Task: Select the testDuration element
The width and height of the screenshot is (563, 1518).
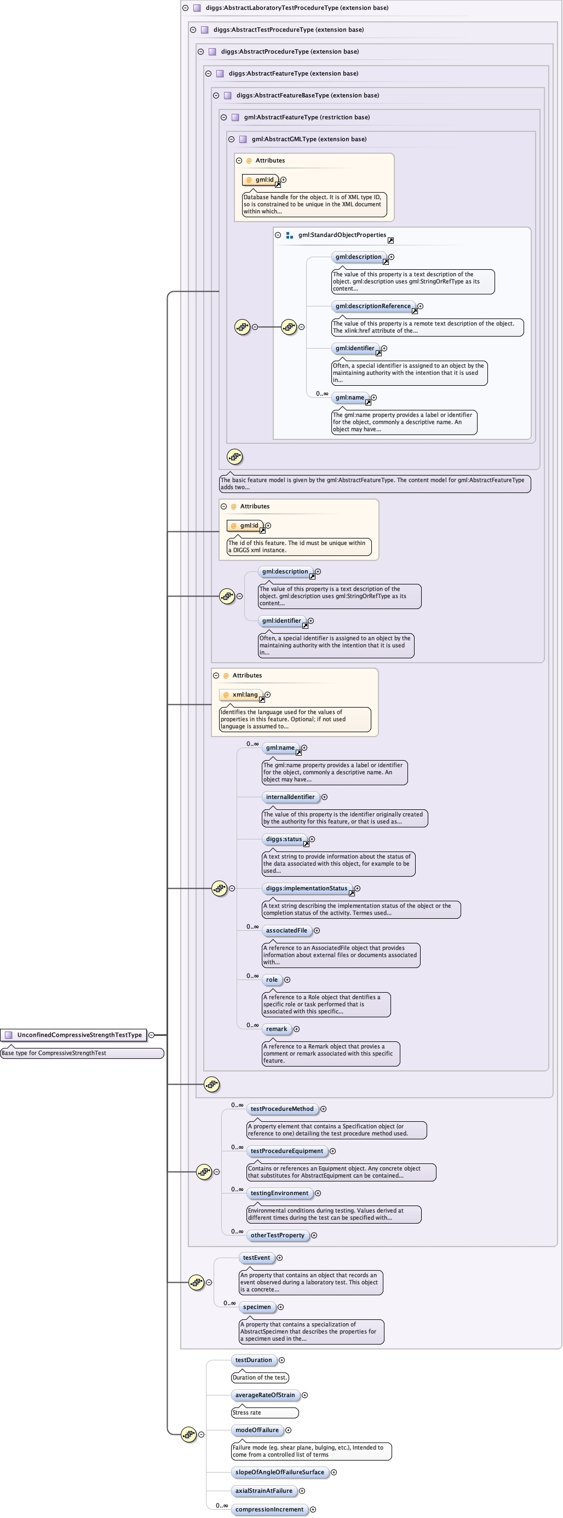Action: click(x=254, y=1360)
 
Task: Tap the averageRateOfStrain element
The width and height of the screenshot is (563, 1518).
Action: click(x=265, y=1395)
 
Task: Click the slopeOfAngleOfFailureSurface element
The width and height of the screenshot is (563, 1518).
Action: click(x=279, y=1472)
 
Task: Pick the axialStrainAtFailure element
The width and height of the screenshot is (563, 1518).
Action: click(x=263, y=1491)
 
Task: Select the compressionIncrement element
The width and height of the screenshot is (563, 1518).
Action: click(x=269, y=1509)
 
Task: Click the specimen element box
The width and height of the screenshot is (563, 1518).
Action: click(x=257, y=1307)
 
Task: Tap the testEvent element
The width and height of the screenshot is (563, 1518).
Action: click(x=256, y=1258)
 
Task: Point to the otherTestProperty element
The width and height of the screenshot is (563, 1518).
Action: click(x=277, y=1235)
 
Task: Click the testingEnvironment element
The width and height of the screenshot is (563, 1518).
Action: click(x=279, y=1193)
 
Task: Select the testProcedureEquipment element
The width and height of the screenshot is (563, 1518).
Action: click(x=286, y=1151)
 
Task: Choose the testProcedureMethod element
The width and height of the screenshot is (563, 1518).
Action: click(x=282, y=1109)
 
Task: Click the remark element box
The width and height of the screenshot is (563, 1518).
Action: click(x=277, y=1029)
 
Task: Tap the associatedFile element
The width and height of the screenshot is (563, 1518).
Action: click(x=286, y=930)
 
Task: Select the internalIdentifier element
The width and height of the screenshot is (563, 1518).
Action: click(x=290, y=797)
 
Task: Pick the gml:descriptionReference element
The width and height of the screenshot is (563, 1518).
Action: click(x=372, y=306)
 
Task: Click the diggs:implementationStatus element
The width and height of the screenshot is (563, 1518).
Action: click(x=307, y=888)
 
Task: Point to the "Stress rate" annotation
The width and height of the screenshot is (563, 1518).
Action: click(x=265, y=1412)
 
